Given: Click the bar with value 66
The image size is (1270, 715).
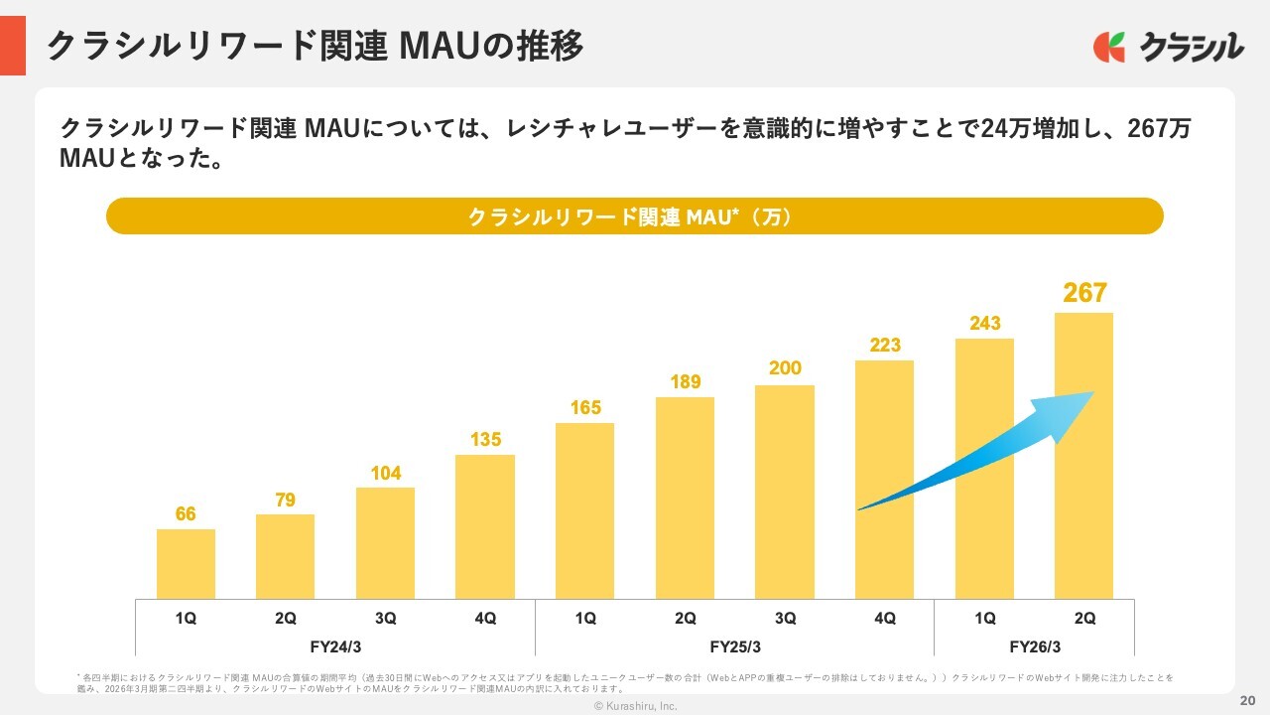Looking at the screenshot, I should click(x=186, y=563).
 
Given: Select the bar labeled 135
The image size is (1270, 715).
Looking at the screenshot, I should click(x=485, y=526).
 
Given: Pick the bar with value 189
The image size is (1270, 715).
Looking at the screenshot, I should click(x=685, y=497).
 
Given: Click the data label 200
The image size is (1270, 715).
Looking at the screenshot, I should click(x=785, y=368).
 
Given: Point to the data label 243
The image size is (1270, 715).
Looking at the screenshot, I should click(x=984, y=323).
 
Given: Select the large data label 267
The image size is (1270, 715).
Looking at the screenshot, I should click(x=1084, y=293).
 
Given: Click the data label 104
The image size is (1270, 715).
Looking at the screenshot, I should click(x=385, y=473).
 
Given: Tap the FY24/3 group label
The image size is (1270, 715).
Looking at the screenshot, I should click(x=335, y=646).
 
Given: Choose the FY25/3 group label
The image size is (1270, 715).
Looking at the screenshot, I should click(x=735, y=646).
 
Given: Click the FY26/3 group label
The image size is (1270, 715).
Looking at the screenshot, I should click(x=1035, y=646).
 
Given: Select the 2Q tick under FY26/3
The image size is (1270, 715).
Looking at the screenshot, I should click(x=1084, y=618).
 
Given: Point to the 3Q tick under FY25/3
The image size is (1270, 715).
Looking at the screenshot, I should click(x=785, y=618).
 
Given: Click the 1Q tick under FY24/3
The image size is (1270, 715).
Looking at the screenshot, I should click(x=186, y=618).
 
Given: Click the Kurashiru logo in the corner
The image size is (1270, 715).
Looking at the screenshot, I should click(x=1168, y=47).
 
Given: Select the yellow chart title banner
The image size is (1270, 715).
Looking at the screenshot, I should click(x=634, y=216).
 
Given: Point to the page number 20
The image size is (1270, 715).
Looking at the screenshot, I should click(x=1247, y=698).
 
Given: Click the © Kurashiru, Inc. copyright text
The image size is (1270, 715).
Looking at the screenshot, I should click(x=635, y=706).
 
